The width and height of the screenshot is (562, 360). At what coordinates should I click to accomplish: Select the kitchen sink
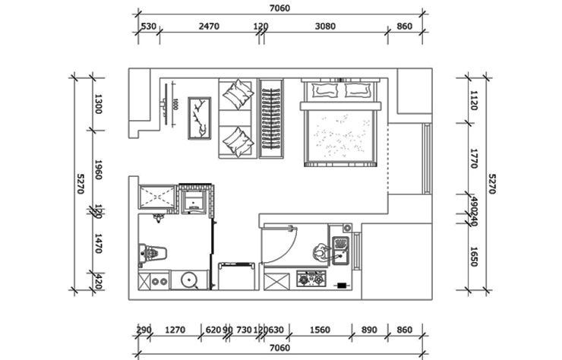339,251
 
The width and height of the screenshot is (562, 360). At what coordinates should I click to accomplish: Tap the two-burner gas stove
311,280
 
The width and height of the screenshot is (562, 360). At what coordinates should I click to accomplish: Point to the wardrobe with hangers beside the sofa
270,118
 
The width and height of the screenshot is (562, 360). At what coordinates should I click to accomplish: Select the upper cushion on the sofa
237,93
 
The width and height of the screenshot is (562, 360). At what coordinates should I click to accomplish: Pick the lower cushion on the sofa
237,141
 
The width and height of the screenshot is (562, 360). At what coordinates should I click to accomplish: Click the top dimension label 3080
324,27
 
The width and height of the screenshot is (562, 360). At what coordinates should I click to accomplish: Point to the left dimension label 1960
97,169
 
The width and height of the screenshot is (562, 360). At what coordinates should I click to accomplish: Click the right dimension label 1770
473,159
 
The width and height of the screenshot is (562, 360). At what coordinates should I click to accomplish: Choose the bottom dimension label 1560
321,330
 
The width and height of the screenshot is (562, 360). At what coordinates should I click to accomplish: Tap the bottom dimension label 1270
175,330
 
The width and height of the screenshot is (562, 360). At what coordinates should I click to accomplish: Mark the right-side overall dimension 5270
491,183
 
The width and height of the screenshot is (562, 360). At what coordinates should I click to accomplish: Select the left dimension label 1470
97,244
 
